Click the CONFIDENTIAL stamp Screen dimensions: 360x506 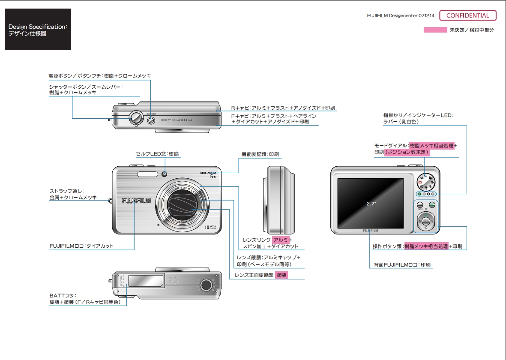pyautogui.click(x=467, y=16)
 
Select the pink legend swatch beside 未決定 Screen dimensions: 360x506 pyautogui.click(x=435, y=30)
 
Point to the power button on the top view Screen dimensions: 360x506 pyautogui.click(x=151, y=121)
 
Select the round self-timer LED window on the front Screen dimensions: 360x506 pyautogui.click(x=165, y=174)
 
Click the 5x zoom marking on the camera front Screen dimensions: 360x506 pyautogui.click(x=213, y=176)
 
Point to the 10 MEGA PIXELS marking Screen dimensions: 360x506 pyautogui.click(x=210, y=227)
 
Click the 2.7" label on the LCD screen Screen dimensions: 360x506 pyautogui.click(x=371, y=204)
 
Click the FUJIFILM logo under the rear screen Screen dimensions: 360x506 pyautogui.click(x=371, y=231)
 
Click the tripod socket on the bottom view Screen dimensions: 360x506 pyautogui.click(x=206, y=285)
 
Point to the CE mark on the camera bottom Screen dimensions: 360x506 pyautogui.click(x=173, y=282)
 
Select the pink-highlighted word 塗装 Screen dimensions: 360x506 pyautogui.click(x=281, y=275)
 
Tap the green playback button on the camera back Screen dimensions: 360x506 pyautogui.click(x=432, y=205)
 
